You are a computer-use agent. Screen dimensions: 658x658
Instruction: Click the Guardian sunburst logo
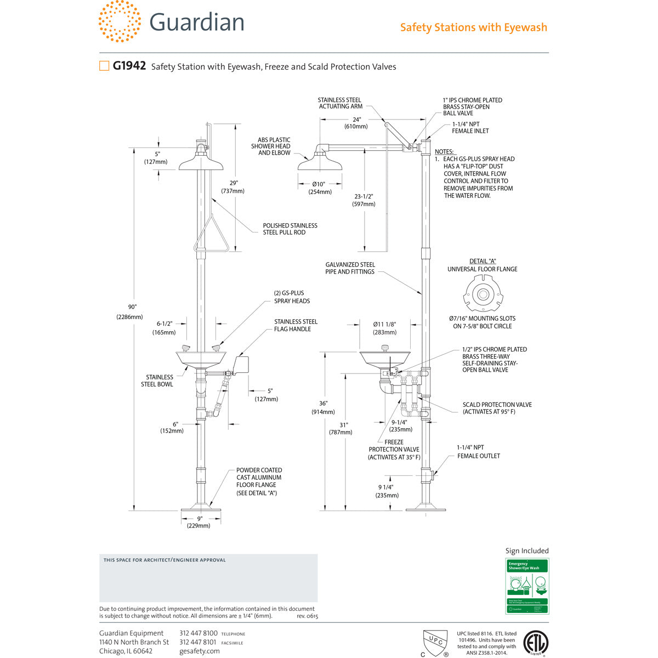[120, 21]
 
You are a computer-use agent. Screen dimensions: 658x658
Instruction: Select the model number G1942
[129, 66]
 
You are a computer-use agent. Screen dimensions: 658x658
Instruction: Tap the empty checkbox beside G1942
[104, 66]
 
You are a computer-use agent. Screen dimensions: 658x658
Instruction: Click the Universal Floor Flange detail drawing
[483, 294]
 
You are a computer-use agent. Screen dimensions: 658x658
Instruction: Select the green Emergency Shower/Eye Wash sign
[526, 586]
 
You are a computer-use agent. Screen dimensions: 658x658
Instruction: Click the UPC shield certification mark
[435, 641]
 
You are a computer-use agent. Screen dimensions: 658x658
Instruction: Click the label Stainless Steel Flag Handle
[296, 325]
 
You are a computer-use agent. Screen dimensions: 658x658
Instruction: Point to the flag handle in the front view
[241, 365]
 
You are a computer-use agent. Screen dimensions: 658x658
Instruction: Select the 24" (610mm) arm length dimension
[356, 122]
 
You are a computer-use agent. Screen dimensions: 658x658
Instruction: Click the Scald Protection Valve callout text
[497, 408]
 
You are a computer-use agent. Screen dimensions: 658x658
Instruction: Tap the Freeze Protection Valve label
[394, 449]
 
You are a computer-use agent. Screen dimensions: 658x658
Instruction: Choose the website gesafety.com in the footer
[199, 651]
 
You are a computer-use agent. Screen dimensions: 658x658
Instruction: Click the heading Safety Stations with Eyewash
[473, 27]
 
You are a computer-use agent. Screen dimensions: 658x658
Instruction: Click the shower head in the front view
[202, 162]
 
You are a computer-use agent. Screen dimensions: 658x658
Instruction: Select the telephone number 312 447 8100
[198, 633]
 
